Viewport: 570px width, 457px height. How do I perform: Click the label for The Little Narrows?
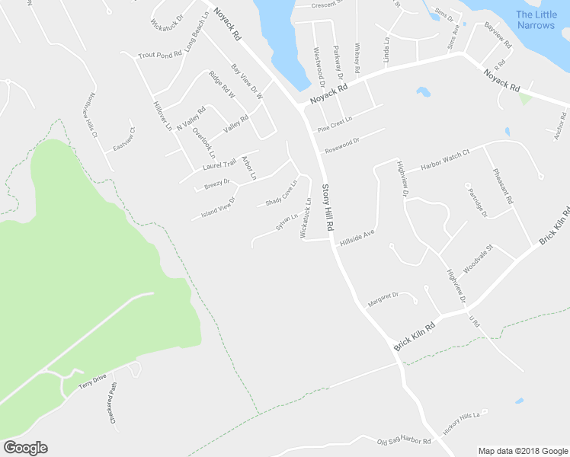pos(536,20)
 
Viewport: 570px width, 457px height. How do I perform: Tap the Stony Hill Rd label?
pos(328,208)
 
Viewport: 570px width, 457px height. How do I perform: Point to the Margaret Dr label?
pos(383,299)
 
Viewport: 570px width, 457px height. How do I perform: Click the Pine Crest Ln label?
pos(336,120)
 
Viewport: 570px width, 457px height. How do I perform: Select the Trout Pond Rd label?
pos(160,55)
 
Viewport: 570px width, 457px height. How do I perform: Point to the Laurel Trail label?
pos(220,164)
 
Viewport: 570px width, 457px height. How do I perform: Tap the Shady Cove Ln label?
pos(280,193)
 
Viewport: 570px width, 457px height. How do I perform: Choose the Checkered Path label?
pos(114,403)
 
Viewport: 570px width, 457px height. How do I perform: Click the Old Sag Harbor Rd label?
pos(404,441)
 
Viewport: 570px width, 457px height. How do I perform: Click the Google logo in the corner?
pos(25,448)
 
